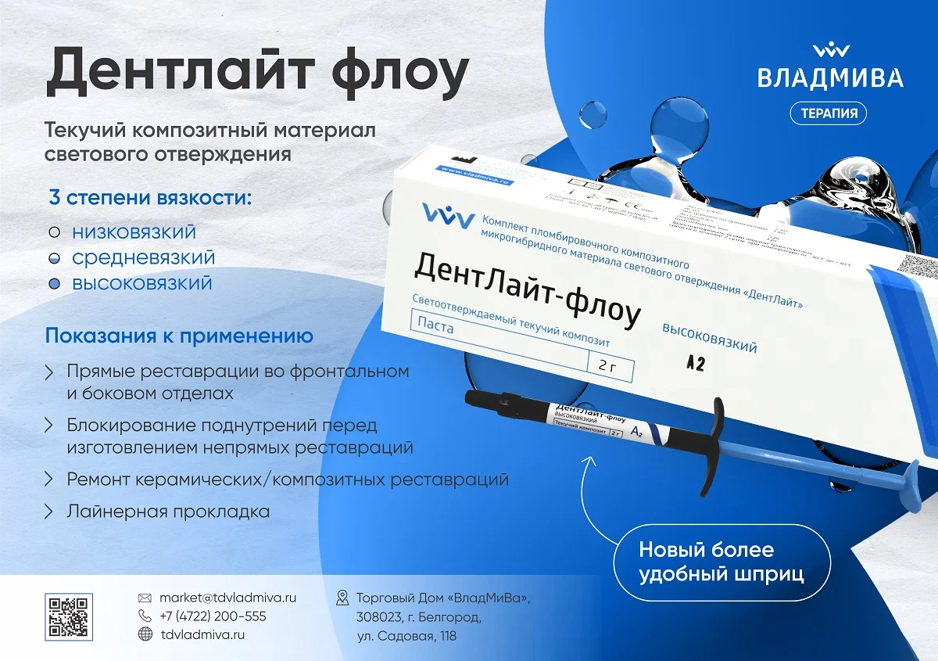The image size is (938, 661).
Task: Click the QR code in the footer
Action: [69, 616]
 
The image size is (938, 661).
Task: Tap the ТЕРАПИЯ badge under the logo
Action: [829, 113]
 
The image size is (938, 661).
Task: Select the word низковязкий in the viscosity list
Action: [134, 232]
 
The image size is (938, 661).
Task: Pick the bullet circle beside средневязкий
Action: [54, 257]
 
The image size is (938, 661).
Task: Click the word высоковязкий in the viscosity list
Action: [141, 282]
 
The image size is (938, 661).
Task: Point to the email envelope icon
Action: [145, 598]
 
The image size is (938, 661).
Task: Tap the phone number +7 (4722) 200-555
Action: [213, 616]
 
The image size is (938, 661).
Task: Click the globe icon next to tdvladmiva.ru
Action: [145, 635]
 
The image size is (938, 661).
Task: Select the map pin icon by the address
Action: [342, 598]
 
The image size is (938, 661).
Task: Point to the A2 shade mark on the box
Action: [695, 364]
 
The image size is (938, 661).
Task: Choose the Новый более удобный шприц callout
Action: [721, 562]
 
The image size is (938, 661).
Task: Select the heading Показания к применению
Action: [179, 336]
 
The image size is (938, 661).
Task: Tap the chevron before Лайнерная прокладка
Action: [49, 512]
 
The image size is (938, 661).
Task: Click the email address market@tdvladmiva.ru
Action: [227, 598]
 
